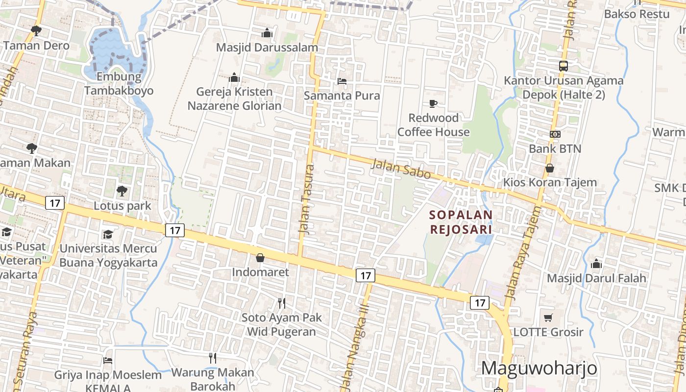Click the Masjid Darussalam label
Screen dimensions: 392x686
click(267, 48)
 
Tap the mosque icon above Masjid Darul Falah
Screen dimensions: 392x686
click(596, 264)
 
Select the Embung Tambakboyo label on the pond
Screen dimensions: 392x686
click(119, 84)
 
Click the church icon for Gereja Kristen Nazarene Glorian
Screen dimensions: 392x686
click(234, 77)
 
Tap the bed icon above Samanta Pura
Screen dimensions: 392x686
click(342, 81)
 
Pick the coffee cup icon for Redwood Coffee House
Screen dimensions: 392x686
click(433, 103)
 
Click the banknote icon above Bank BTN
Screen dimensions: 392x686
click(555, 134)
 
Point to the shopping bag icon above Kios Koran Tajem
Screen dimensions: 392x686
click(550, 168)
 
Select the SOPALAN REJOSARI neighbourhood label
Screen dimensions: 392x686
click(461, 222)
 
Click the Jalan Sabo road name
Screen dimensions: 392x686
click(401, 169)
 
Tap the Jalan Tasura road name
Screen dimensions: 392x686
click(307, 199)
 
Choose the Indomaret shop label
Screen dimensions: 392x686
click(260, 272)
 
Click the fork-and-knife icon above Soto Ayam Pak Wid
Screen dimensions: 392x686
click(281, 303)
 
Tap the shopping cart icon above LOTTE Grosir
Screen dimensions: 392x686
click(548, 318)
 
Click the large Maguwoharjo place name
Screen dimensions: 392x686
click(539, 368)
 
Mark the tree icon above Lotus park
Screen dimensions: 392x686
click(122, 191)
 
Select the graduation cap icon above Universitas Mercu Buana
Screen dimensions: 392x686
click(108, 234)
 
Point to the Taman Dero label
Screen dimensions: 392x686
click(36, 46)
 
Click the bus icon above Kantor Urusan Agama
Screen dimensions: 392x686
click(563, 66)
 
